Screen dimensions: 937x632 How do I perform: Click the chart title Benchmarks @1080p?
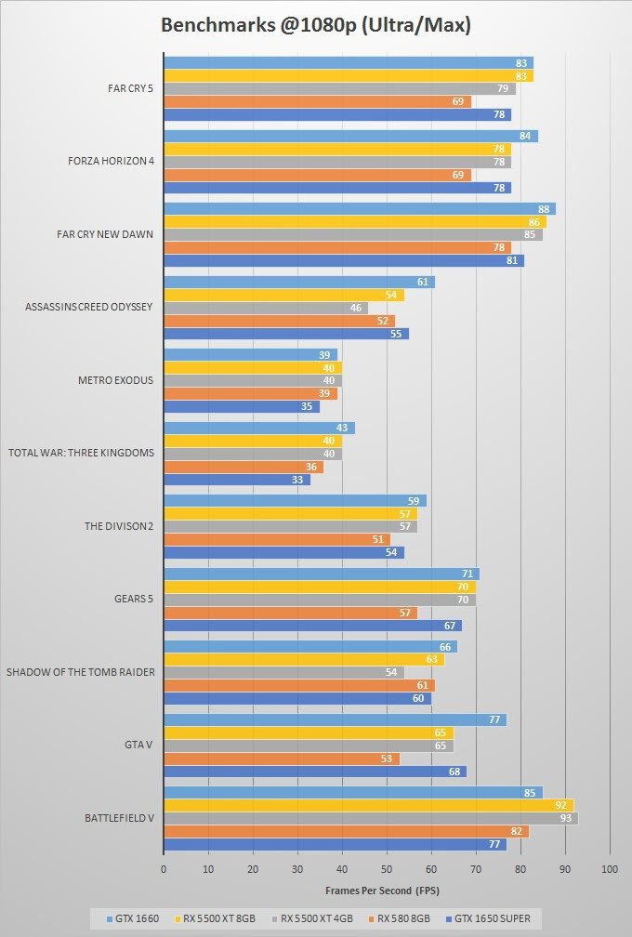(x=316, y=25)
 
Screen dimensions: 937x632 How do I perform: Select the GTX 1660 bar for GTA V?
(x=335, y=719)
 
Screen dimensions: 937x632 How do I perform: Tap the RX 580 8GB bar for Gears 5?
(x=290, y=613)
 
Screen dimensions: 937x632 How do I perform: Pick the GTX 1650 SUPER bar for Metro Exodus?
(x=242, y=406)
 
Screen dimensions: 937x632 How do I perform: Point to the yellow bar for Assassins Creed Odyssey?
(x=283, y=295)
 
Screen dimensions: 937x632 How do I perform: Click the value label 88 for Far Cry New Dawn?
(x=546, y=209)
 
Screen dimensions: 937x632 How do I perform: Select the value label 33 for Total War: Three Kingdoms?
(x=298, y=480)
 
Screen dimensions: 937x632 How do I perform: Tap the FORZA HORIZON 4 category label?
(x=111, y=162)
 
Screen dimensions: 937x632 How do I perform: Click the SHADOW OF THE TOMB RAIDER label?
(x=81, y=672)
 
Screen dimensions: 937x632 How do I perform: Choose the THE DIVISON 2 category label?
(x=119, y=526)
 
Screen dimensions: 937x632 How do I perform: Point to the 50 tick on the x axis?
(x=387, y=868)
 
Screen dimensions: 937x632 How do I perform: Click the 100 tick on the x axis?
(x=610, y=868)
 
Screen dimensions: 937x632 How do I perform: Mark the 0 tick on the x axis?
(x=164, y=868)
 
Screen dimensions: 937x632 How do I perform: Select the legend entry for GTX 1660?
(x=134, y=918)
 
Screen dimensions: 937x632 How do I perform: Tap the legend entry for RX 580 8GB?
(x=401, y=918)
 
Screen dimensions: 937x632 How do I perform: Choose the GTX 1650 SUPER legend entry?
(x=490, y=918)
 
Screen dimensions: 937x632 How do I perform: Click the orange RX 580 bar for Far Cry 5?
(x=317, y=101)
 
